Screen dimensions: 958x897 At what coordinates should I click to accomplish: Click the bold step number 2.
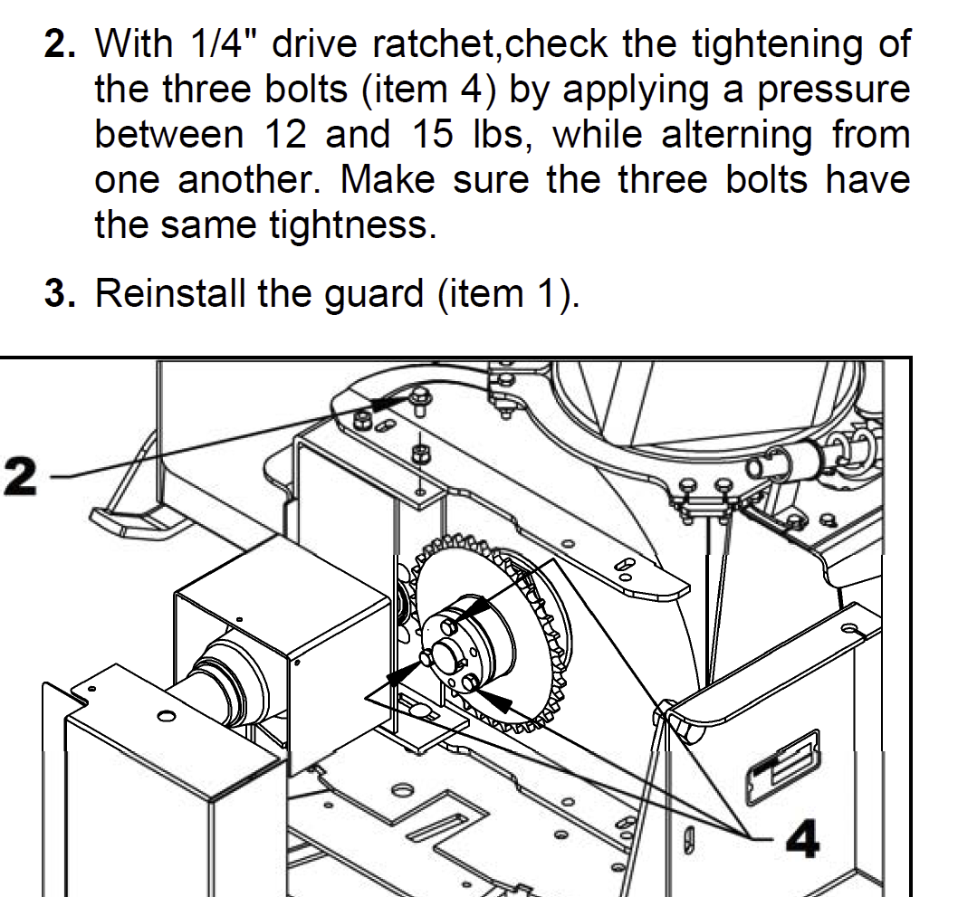[60, 44]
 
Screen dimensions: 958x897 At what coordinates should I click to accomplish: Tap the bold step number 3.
[60, 293]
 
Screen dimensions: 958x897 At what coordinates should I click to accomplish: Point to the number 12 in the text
[285, 134]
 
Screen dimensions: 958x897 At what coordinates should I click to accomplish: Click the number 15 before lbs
[433, 134]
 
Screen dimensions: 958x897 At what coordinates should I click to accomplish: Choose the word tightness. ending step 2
[353, 224]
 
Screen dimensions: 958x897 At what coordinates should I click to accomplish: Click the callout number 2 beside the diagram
[20, 476]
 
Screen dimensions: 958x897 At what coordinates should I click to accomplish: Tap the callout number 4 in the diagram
[801, 840]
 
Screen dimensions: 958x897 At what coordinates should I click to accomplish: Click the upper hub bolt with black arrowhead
[451, 627]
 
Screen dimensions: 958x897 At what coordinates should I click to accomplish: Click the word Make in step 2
[388, 179]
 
